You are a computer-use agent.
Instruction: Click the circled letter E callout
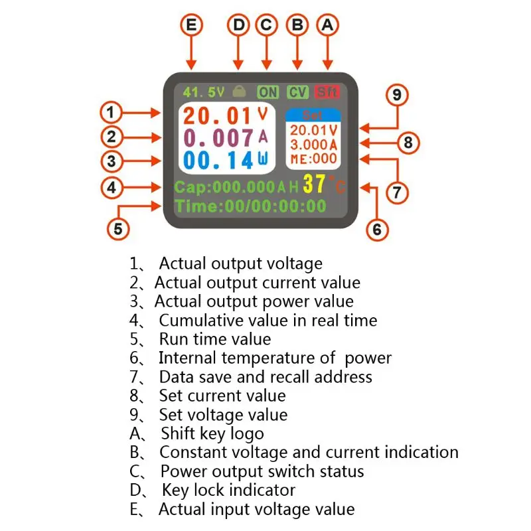click(192, 25)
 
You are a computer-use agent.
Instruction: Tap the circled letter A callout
click(327, 25)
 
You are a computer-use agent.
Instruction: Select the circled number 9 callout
click(397, 95)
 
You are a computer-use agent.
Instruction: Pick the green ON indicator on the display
click(268, 92)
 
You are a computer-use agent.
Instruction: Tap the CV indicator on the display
click(297, 92)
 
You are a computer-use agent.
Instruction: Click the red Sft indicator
click(327, 92)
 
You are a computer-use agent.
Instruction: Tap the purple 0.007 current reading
click(218, 138)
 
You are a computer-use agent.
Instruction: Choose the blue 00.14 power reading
click(218, 161)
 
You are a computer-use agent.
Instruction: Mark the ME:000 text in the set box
click(313, 159)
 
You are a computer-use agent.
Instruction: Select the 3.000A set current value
click(313, 145)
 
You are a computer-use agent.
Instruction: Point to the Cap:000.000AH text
click(236, 187)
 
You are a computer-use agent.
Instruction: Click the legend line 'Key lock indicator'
click(228, 491)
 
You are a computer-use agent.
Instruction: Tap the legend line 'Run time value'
click(214, 339)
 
